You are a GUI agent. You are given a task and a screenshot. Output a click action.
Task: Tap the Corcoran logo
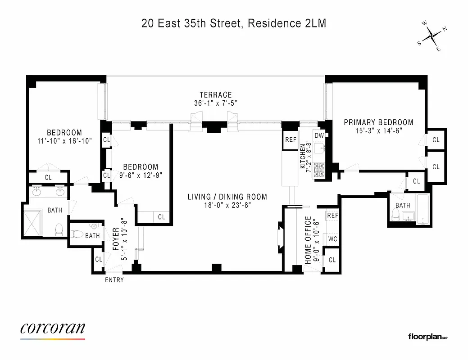(x=52, y=329)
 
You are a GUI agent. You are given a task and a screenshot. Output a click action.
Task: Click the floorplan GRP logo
(x=427, y=337)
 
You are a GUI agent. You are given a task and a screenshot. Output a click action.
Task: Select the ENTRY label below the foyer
(x=114, y=280)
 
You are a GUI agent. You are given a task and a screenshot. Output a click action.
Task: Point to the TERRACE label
(x=216, y=95)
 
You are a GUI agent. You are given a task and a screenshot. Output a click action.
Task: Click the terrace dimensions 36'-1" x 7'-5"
(x=216, y=103)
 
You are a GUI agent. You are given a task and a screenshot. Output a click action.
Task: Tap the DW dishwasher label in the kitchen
(x=319, y=135)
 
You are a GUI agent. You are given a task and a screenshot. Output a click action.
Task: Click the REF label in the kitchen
(x=291, y=139)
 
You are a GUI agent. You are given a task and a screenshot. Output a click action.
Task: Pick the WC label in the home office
(x=332, y=239)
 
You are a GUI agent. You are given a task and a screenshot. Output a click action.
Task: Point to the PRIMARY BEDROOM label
(x=378, y=122)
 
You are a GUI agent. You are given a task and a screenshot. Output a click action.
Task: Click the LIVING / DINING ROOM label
(x=227, y=197)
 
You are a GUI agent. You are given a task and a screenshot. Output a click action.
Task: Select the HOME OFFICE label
(x=308, y=240)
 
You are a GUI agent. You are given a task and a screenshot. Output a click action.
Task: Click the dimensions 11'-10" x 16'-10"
(x=64, y=140)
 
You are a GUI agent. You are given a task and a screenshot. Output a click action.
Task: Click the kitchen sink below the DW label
(x=320, y=148)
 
